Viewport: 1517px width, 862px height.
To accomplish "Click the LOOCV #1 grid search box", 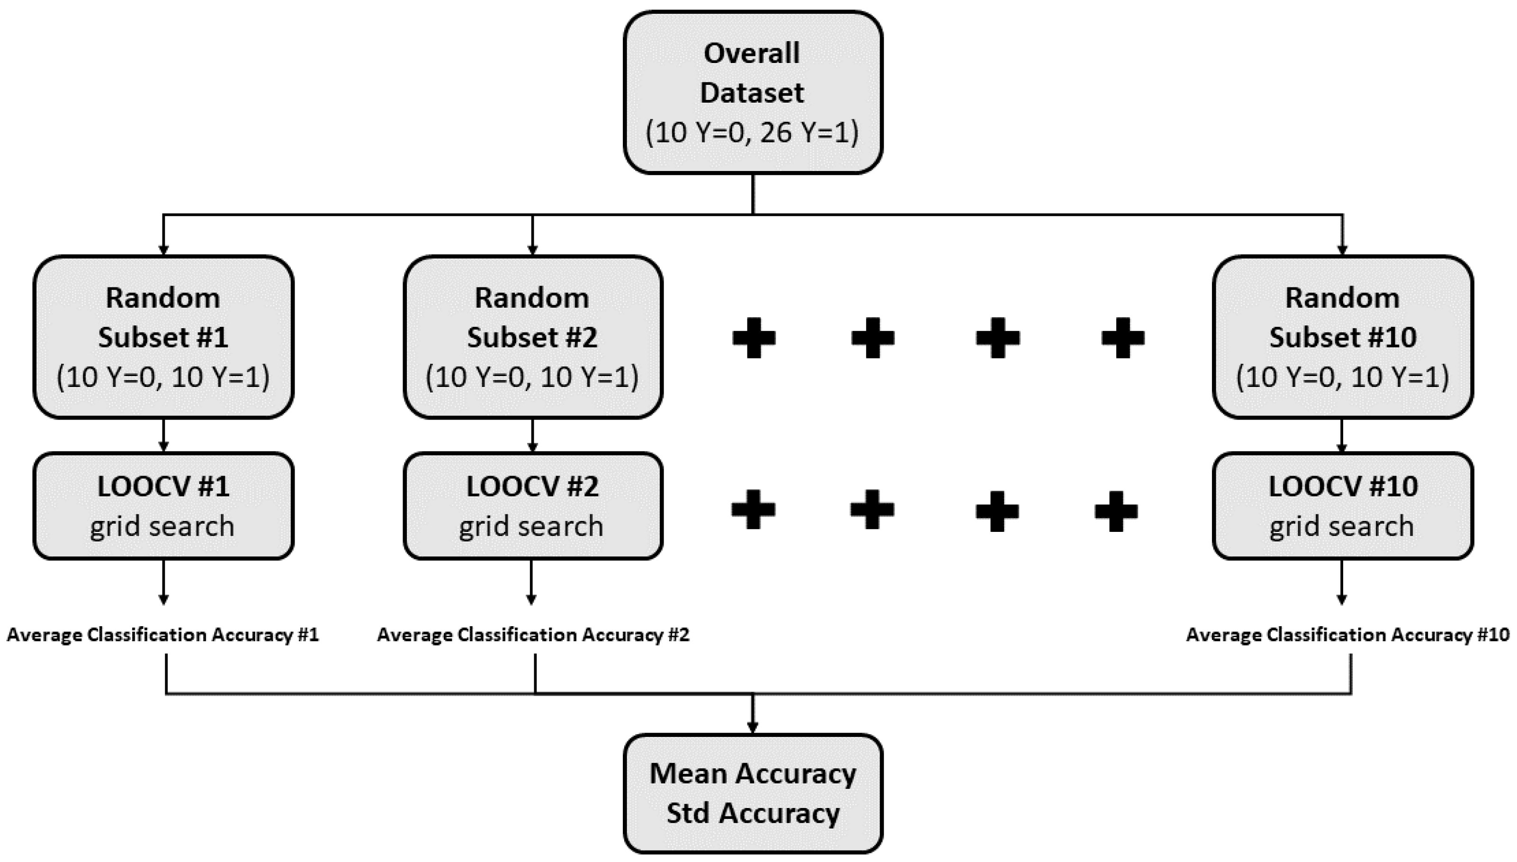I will click(163, 506).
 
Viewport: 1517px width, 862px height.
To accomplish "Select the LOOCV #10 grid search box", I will click(1342, 506).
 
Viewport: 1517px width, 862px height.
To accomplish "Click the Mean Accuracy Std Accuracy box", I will click(753, 793).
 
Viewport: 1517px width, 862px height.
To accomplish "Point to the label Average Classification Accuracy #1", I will click(163, 635).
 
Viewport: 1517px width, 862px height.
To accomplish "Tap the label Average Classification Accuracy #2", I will click(533, 635).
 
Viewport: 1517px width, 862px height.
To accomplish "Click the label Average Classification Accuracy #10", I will click(1347, 635).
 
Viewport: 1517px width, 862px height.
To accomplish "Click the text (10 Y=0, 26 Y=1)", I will click(752, 132).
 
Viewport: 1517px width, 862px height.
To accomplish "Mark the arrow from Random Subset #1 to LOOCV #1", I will click(163, 436).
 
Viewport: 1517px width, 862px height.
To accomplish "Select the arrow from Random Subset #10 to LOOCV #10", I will click(1342, 436).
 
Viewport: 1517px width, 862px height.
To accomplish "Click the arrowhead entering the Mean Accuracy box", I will click(752, 727).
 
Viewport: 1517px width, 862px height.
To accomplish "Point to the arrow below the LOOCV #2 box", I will click(531, 583).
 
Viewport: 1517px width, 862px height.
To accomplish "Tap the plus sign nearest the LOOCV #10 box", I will click(1116, 511).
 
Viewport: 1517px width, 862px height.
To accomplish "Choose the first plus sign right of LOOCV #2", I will click(753, 509).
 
